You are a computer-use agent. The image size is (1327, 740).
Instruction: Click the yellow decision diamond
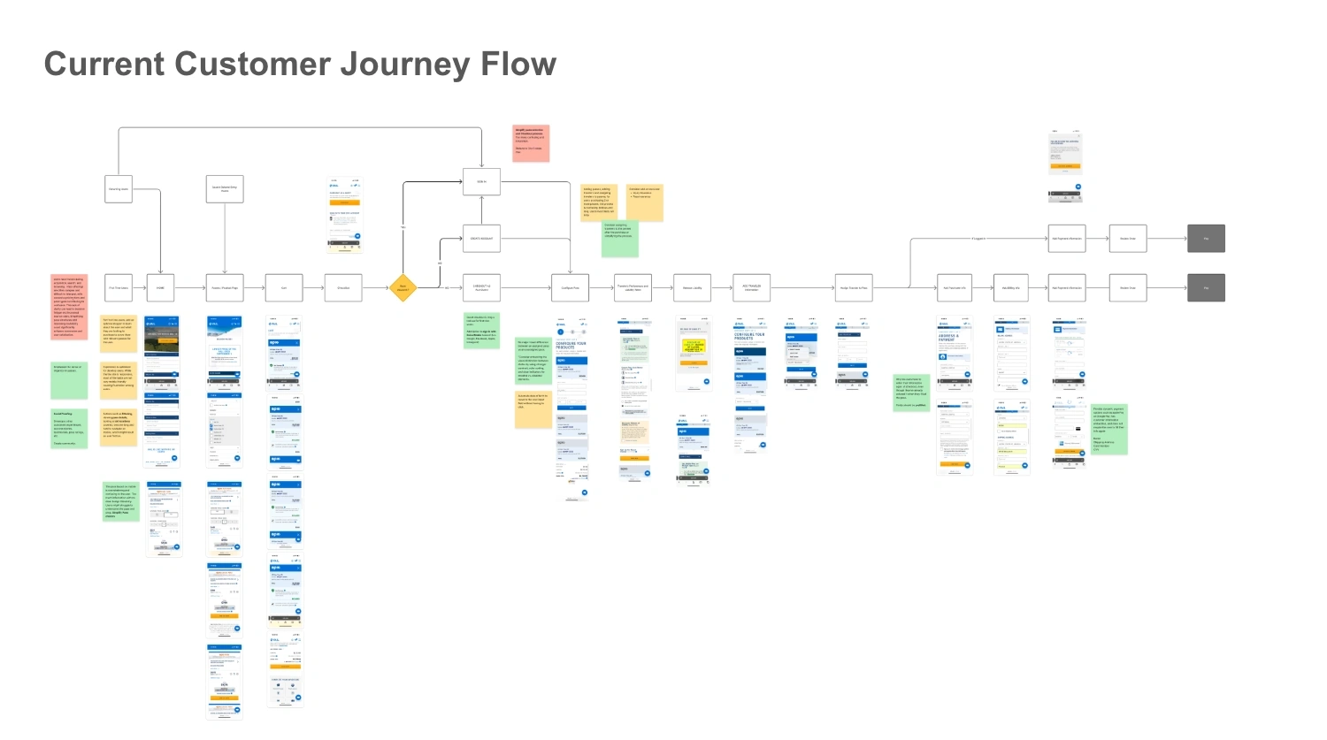pyautogui.click(x=403, y=287)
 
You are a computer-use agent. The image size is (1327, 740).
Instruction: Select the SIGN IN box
pyautogui.click(x=481, y=182)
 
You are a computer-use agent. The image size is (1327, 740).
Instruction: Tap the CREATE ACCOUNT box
pyautogui.click(x=481, y=239)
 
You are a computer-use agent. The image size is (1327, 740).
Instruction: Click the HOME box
pyautogui.click(x=160, y=287)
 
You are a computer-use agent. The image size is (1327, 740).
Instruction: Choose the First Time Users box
pyautogui.click(x=119, y=287)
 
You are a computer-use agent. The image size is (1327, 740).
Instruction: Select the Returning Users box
pyautogui.click(x=119, y=189)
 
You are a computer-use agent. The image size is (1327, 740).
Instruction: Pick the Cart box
pyautogui.click(x=284, y=287)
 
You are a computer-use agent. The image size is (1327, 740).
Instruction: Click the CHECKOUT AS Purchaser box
pyautogui.click(x=481, y=287)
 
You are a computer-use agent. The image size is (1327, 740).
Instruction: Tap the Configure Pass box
pyautogui.click(x=570, y=287)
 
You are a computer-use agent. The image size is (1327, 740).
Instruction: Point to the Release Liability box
pyautogui.click(x=692, y=287)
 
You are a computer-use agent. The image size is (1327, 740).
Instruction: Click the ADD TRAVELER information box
pyautogui.click(x=751, y=287)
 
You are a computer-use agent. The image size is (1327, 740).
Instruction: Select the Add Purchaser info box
pyautogui.click(x=955, y=287)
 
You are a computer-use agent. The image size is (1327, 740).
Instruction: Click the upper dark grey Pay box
pyautogui.click(x=1206, y=239)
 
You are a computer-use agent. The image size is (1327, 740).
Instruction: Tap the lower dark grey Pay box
pyautogui.click(x=1206, y=287)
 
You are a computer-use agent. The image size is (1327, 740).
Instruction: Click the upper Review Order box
pyautogui.click(x=1128, y=239)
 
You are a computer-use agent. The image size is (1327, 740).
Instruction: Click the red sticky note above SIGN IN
pyautogui.click(x=531, y=143)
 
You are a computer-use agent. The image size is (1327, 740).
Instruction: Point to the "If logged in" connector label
pyautogui.click(x=978, y=239)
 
